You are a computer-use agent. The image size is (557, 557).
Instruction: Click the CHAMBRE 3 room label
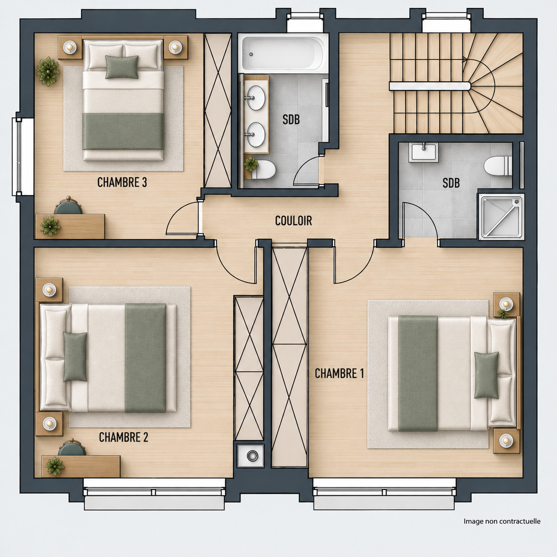[122, 183]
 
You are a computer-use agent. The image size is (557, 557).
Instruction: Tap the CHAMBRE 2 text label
[123, 438]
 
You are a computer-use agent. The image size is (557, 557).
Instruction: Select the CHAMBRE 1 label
[339, 374]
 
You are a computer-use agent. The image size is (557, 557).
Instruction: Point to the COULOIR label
[294, 221]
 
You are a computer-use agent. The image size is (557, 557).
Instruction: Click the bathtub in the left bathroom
[283, 53]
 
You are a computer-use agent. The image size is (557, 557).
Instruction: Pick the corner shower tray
[501, 217]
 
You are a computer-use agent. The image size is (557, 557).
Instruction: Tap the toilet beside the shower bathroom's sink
[498, 166]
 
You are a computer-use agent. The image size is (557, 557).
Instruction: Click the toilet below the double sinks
[263, 170]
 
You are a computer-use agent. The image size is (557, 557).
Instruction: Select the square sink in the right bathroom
[424, 153]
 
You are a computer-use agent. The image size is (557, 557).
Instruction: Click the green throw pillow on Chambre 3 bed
[122, 67]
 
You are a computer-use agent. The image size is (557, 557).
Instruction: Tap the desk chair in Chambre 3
[68, 206]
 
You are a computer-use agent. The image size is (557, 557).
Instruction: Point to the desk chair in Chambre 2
[72, 448]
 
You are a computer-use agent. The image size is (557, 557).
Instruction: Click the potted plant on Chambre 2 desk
[55, 466]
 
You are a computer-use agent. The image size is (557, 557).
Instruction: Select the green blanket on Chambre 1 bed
[418, 373]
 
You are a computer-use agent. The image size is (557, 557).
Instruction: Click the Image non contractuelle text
[502, 521]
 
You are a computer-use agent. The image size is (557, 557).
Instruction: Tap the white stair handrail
[430, 86]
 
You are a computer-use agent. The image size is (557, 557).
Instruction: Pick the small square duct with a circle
[251, 456]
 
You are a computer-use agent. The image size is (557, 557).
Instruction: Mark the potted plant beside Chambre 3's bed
[48, 72]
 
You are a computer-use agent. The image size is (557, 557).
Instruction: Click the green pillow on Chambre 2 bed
[75, 357]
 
